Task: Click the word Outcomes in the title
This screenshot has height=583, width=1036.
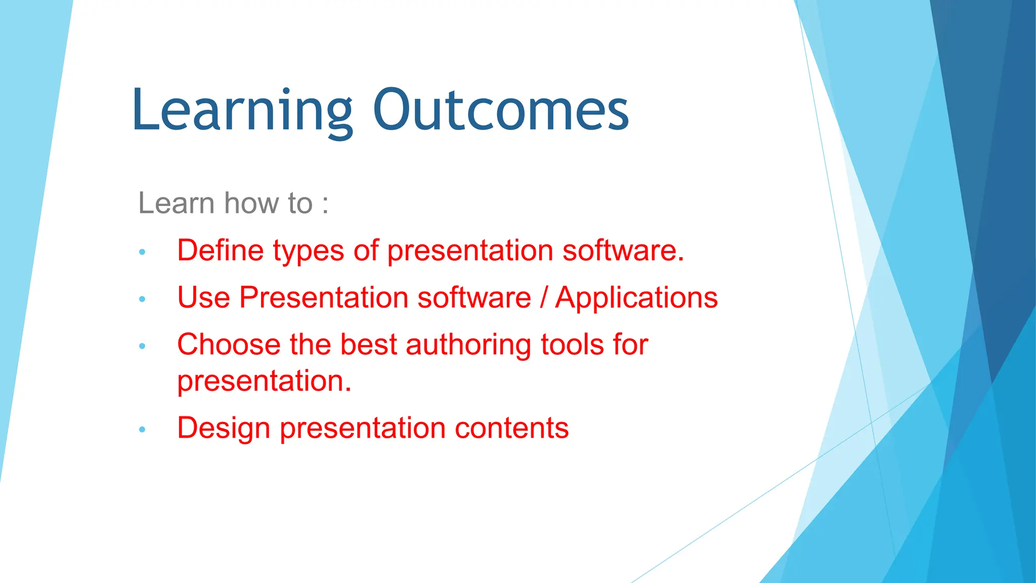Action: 501,110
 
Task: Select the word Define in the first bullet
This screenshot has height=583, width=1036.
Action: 221,251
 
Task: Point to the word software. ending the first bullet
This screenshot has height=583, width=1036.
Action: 623,251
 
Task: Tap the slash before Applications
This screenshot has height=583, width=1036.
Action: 543,298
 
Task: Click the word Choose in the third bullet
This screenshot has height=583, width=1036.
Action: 229,345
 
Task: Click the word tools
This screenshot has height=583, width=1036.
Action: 572,345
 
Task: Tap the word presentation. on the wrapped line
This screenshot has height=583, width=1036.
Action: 264,382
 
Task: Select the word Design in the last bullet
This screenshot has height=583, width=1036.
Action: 224,429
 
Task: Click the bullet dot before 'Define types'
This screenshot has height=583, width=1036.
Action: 142,252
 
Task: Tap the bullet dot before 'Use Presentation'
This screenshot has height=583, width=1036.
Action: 142,299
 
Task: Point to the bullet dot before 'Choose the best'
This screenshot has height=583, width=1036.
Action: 142,346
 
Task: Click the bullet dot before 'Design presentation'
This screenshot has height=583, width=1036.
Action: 142,430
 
